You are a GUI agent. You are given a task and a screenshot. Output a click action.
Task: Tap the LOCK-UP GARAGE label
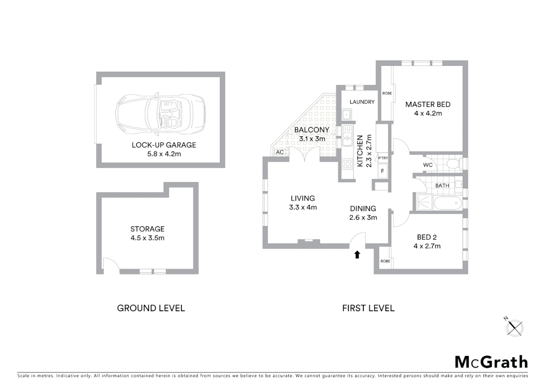[x=164, y=145]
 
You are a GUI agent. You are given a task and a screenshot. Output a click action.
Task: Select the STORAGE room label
[x=147, y=229]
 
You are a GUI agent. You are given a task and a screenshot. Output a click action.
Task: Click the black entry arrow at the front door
[x=357, y=254]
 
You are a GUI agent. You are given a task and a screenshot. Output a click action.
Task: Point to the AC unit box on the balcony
[x=280, y=152]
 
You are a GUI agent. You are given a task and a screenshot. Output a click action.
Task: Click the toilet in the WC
[x=454, y=164]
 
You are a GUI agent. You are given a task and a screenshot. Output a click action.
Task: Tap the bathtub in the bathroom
[x=447, y=203]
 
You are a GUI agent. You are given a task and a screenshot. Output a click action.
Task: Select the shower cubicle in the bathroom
[x=424, y=203]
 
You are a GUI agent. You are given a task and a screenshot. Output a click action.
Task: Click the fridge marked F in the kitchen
[x=382, y=171]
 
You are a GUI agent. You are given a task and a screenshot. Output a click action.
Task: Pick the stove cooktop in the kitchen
[x=347, y=164]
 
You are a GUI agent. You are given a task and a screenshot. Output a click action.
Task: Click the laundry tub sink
[x=346, y=115]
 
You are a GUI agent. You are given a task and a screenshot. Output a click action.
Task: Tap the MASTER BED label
[x=428, y=104]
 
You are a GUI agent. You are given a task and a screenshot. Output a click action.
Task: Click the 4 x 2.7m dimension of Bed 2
[x=427, y=246]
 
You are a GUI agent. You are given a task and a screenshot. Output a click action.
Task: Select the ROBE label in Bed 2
[x=385, y=261]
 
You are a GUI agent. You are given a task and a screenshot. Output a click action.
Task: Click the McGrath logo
[x=491, y=362]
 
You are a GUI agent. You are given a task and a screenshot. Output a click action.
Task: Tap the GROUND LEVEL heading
[x=151, y=308]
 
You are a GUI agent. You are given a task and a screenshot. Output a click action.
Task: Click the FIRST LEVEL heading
[x=368, y=308]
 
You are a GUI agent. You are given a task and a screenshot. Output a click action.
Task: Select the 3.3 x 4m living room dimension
[x=303, y=207]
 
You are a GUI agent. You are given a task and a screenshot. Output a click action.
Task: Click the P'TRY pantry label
[x=383, y=158]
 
